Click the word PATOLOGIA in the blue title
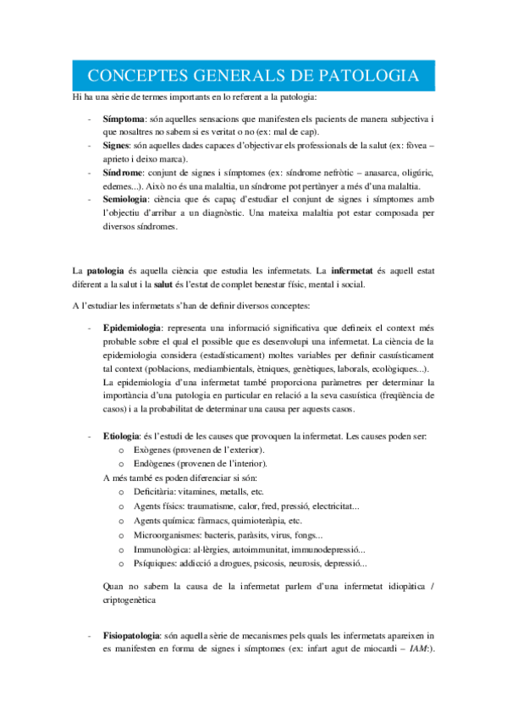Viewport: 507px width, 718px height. tap(368, 75)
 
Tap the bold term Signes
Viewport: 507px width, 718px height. tap(118, 146)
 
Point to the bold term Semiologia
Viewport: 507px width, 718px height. tap(128, 198)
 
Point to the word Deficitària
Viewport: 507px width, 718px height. tap(158, 492)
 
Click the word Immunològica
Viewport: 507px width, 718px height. tap(163, 549)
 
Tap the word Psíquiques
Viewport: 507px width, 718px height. tap(157, 563)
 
